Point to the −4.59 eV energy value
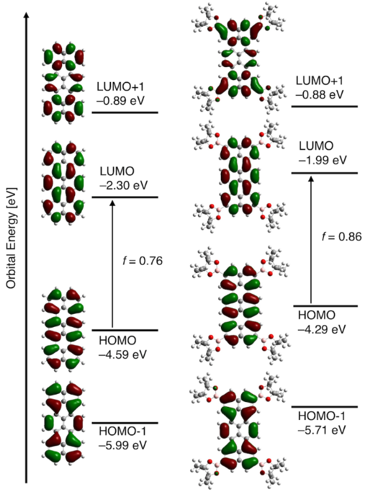tap(123, 355)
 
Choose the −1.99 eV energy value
tap(320, 160)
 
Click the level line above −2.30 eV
tap(125, 197)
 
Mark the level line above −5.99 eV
tap(125, 424)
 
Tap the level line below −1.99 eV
tap(325, 172)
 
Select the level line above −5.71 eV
tap(325, 406)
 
